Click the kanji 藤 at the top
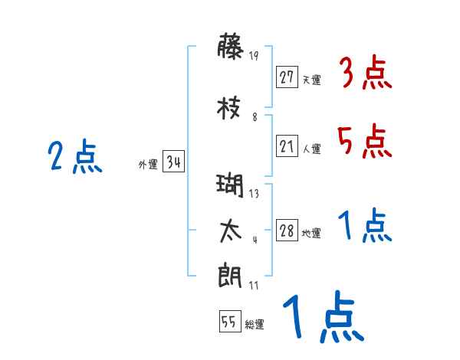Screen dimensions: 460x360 [x=231, y=48]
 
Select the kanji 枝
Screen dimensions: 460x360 [x=231, y=107]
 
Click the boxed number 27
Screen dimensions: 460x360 [x=287, y=77]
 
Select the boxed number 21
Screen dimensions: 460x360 [x=287, y=146]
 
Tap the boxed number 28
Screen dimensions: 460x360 [x=287, y=231]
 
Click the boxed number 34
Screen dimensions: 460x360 [x=173, y=162]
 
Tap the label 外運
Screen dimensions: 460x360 [x=147, y=164]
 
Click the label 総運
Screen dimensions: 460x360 [x=254, y=325]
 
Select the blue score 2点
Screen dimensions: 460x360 [x=75, y=158]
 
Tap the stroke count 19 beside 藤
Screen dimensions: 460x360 [x=255, y=55]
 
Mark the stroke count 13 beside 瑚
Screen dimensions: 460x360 [x=254, y=193]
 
